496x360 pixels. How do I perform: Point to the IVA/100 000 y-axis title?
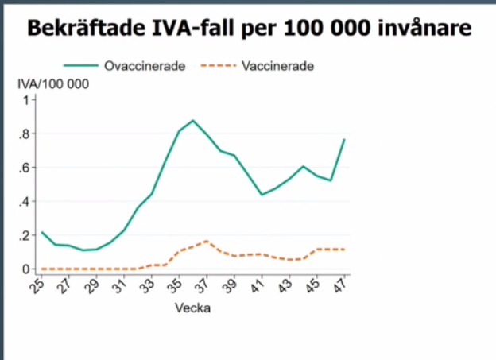coord(53,84)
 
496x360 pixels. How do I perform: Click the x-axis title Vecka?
coord(193,308)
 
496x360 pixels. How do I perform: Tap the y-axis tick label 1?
coord(25,100)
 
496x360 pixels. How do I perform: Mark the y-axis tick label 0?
coord(25,269)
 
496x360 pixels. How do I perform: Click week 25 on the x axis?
coord(38,285)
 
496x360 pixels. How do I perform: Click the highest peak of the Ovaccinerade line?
coord(193,121)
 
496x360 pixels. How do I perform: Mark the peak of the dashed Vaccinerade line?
coord(207,241)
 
